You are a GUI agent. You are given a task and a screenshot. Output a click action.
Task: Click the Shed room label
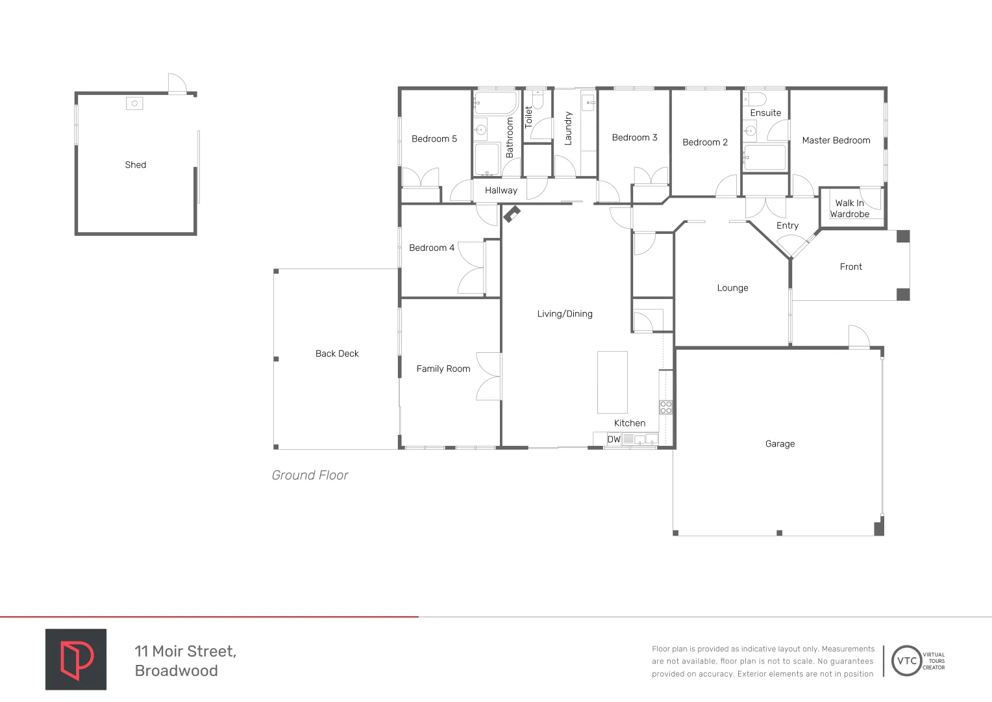pos(136,165)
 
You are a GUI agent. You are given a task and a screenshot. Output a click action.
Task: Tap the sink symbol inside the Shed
pos(134,103)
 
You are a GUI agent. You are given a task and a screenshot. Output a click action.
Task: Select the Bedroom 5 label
pos(434,139)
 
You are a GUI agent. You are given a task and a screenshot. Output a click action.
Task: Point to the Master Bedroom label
pos(836,140)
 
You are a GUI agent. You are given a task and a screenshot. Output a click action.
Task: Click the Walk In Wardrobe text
pos(849,209)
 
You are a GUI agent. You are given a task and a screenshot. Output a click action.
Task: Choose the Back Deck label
pos(337,354)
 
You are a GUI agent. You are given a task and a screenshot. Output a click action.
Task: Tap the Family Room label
pos(443,369)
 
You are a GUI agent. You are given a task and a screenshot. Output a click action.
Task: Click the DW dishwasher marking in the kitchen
pos(614,439)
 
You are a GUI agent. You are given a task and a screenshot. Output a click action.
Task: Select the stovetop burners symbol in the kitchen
pos(666,408)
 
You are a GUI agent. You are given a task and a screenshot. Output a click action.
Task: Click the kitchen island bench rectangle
pos(612,382)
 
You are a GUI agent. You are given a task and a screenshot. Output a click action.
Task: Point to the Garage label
pos(780,444)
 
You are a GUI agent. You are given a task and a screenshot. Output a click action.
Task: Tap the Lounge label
pos(732,288)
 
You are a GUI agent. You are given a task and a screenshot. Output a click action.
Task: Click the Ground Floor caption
pos(310,475)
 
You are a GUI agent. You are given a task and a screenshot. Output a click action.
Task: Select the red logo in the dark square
pos(76,659)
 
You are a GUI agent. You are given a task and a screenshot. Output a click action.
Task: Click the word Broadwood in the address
pos(177,671)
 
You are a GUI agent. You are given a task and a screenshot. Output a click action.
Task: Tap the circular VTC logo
pos(906,661)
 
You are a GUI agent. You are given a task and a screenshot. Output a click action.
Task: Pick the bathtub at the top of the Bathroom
pos(496,103)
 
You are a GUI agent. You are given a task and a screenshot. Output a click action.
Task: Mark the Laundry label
pos(568,128)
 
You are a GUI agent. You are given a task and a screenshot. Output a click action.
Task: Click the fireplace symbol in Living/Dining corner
pos(512,214)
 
